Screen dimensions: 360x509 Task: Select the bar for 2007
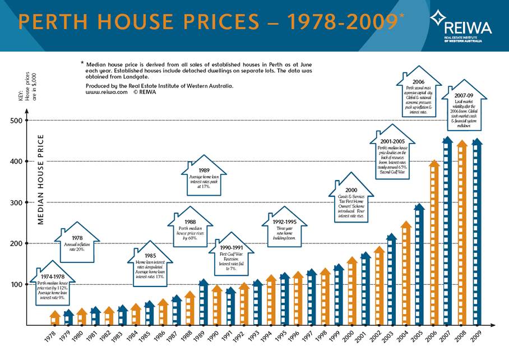point(447,233)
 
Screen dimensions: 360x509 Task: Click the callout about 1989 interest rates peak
point(204,178)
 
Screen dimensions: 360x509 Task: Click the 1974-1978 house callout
point(52,285)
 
